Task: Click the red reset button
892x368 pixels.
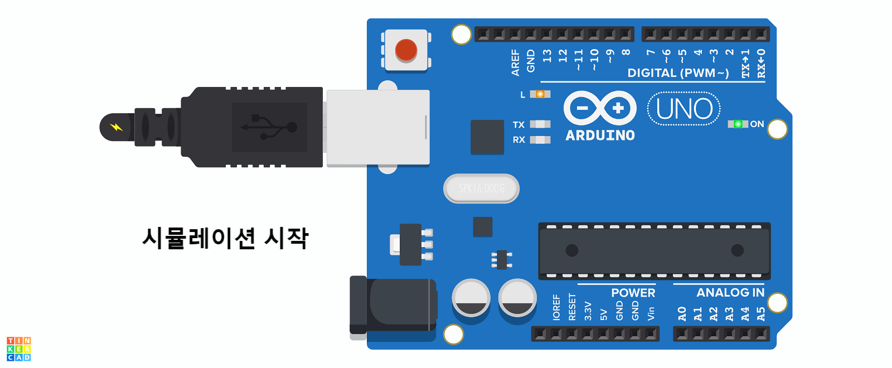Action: (406, 50)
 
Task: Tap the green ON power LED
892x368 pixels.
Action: (738, 124)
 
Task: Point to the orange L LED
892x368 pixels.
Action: (540, 94)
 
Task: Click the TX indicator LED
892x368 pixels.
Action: (540, 124)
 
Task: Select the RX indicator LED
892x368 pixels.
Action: (540, 139)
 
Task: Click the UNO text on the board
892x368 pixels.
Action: (684, 109)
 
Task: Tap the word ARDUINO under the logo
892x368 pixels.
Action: (600, 135)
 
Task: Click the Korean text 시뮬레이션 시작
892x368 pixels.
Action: (225, 238)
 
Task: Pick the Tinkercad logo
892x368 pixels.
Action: (19, 349)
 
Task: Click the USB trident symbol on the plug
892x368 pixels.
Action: (269, 127)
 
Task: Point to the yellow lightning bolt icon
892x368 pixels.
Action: (116, 127)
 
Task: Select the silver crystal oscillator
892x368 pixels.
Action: (481, 188)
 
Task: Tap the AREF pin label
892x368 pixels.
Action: (515, 62)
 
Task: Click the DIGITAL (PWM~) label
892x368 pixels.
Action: (678, 73)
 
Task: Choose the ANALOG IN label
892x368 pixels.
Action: (730, 293)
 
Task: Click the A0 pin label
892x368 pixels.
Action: (682, 314)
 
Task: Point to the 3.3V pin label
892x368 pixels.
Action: (588, 311)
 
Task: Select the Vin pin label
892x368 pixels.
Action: (651, 313)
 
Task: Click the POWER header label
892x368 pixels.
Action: (633, 293)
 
